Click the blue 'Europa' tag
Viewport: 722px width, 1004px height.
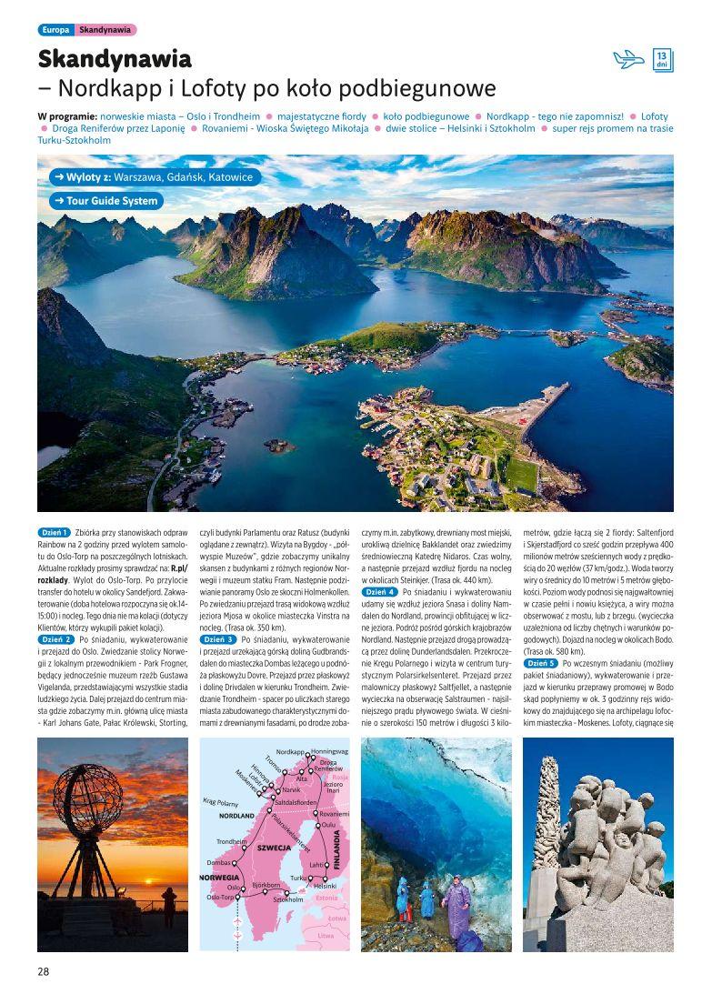[x=55, y=30]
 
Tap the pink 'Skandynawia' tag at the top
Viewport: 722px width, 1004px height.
[x=105, y=30]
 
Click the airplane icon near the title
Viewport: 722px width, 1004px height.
[x=628, y=60]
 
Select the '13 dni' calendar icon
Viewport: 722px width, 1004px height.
[x=663, y=60]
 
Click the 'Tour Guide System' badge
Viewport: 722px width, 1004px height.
[x=106, y=200]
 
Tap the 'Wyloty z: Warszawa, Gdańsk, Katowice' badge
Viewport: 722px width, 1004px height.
[x=151, y=177]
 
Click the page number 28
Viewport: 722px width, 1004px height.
[x=44, y=970]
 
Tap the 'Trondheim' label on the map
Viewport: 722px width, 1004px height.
[x=232, y=842]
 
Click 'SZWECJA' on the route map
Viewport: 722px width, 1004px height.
[x=274, y=847]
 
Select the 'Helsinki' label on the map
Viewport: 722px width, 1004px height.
[x=325, y=886]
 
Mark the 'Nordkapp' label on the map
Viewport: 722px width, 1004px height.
[x=290, y=752]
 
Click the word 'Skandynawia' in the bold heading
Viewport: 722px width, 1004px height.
[x=115, y=60]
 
